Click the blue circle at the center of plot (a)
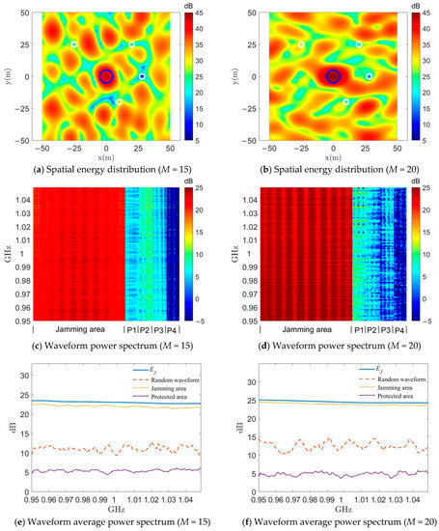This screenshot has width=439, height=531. click(106, 76)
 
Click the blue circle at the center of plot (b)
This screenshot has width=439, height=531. click(333, 76)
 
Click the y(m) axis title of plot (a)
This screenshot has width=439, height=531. click(9, 76)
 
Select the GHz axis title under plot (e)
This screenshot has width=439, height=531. click(106, 512)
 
